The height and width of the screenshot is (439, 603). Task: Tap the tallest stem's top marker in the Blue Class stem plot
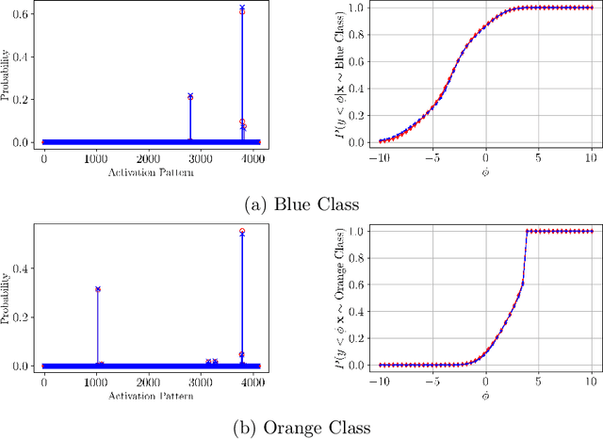point(242,8)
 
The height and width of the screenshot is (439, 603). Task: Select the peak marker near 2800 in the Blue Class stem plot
point(190,96)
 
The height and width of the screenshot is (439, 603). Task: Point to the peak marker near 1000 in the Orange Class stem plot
point(97,289)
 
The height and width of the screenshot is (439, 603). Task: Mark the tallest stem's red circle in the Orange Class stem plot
point(242,231)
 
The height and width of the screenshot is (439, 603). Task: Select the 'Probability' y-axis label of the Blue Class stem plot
point(8,74)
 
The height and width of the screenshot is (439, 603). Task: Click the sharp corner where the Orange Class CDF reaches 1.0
point(526,232)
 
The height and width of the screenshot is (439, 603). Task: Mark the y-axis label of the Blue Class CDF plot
point(337,74)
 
